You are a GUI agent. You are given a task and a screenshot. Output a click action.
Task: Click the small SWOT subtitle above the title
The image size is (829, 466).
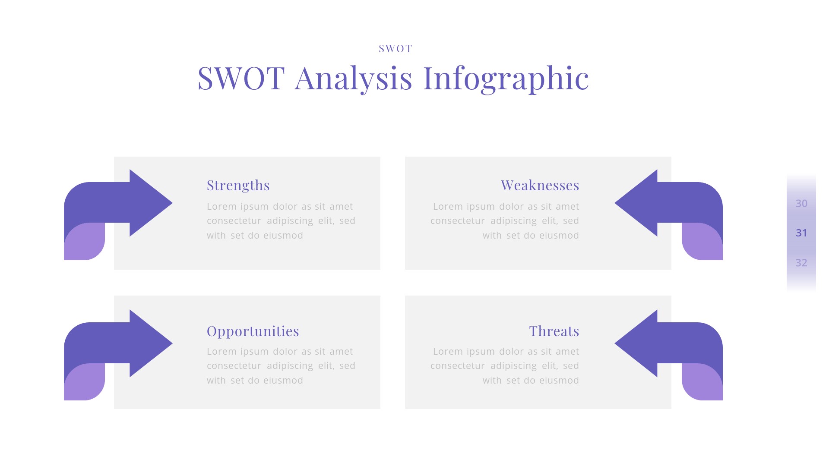click(396, 48)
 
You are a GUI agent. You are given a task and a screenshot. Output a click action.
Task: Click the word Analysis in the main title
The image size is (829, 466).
click(354, 79)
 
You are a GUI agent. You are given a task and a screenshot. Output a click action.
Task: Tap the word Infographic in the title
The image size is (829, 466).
click(506, 79)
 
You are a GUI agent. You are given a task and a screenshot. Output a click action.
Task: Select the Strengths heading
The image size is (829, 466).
click(238, 185)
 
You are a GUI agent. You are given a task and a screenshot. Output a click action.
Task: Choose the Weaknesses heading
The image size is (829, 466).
click(540, 185)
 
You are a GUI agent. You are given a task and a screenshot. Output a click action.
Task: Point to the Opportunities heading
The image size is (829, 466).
click(253, 331)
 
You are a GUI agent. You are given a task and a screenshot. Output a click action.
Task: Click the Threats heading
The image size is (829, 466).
click(554, 331)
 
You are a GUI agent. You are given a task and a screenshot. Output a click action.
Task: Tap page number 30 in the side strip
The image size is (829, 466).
click(801, 203)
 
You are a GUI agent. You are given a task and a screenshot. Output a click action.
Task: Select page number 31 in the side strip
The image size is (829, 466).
click(801, 233)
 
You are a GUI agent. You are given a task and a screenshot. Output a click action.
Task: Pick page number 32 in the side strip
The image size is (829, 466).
click(801, 262)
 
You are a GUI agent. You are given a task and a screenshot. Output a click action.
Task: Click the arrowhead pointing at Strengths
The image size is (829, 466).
click(151, 203)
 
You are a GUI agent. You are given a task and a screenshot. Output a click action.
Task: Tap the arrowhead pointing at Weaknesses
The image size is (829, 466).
click(636, 203)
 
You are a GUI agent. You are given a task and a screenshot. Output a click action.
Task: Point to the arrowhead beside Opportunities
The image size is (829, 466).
click(151, 343)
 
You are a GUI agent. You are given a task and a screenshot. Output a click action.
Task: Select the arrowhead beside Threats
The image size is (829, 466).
click(636, 343)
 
